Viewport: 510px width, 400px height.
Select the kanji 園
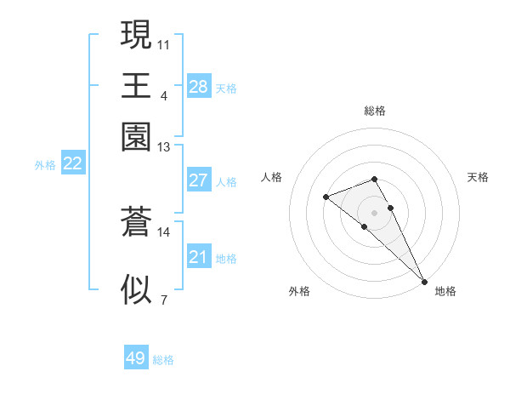[x=135, y=136]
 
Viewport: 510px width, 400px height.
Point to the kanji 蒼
[x=135, y=222]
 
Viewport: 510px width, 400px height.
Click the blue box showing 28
[x=198, y=87]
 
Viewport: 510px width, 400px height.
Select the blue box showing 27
[x=198, y=180]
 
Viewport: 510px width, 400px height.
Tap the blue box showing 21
[x=198, y=257]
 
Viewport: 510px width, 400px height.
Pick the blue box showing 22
[x=72, y=164]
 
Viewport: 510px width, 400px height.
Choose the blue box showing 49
[x=135, y=358]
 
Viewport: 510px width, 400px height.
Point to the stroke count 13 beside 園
[x=164, y=147]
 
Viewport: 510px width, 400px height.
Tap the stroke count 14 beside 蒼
[x=164, y=231]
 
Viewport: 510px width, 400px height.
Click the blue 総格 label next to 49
[x=163, y=360]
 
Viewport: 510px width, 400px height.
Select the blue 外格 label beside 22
[x=45, y=165]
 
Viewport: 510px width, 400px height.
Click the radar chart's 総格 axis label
[x=375, y=111]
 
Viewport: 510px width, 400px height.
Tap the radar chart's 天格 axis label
[x=479, y=177]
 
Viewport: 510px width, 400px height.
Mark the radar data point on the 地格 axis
[x=423, y=281]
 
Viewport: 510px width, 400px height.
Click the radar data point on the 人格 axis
[x=326, y=197]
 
